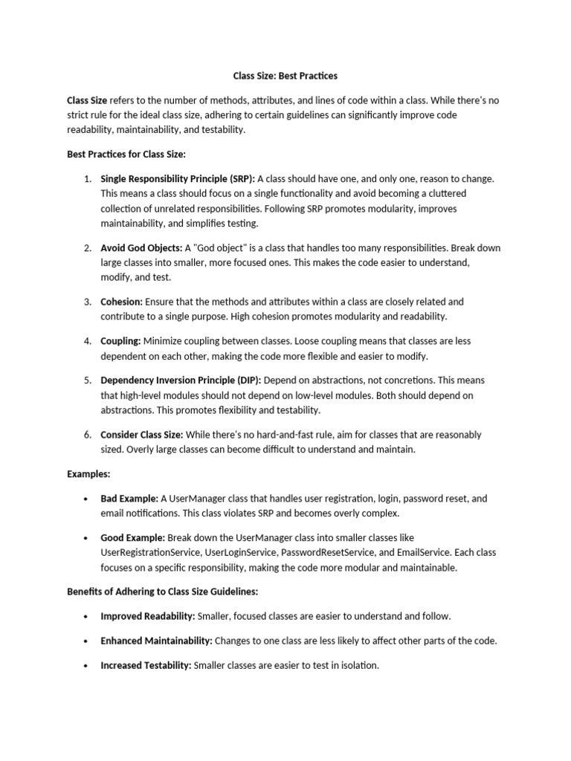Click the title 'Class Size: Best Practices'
[285, 76]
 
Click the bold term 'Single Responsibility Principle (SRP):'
[178, 178]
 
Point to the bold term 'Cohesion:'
[122, 302]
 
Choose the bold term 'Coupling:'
[121, 341]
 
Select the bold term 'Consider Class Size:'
[141, 435]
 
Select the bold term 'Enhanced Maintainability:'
[156, 641]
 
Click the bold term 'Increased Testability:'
[146, 665]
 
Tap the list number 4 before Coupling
[86, 341]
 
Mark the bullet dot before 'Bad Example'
[86, 499]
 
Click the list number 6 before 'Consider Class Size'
[86, 435]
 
